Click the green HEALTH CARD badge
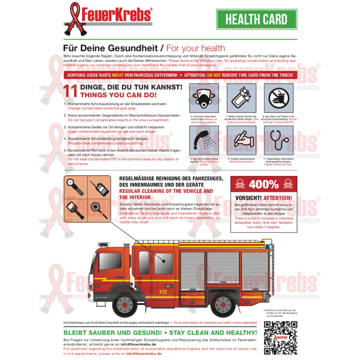point(256,19)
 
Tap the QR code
point(280,338)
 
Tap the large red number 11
point(71,91)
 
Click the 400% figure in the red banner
point(264,184)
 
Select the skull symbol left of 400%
point(240,184)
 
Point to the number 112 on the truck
point(163,292)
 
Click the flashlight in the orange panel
point(75,187)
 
